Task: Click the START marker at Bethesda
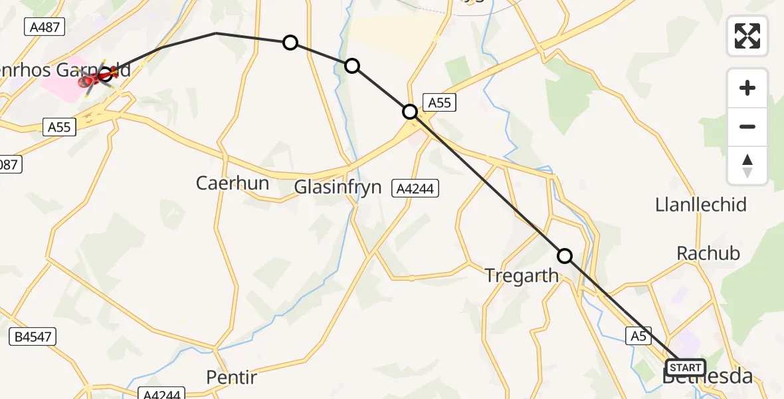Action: (x=686, y=368)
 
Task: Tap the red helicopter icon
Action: (x=97, y=77)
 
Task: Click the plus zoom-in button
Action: (x=747, y=88)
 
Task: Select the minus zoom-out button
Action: (x=747, y=126)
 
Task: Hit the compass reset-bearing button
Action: (x=747, y=166)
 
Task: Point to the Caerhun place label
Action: (x=233, y=183)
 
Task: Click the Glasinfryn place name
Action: (x=339, y=187)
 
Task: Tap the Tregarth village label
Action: (x=522, y=275)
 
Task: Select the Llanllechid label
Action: (x=701, y=204)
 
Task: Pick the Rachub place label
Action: (x=708, y=253)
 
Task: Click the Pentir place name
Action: (x=231, y=378)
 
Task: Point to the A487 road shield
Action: (x=43, y=27)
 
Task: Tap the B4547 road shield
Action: (x=33, y=337)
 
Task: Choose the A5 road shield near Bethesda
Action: (x=638, y=336)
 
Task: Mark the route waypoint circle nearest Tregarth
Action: (x=564, y=256)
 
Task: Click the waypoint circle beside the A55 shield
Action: (x=411, y=112)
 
